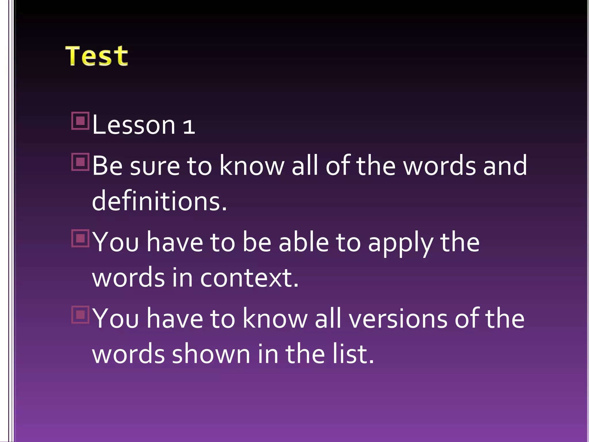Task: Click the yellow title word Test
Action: [97, 56]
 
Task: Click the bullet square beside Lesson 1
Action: [80, 121]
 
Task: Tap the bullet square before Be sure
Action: [80, 162]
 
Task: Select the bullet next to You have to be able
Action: [80, 238]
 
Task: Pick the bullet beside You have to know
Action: [80, 315]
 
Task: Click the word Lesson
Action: [134, 125]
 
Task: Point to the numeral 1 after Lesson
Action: [189, 127]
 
